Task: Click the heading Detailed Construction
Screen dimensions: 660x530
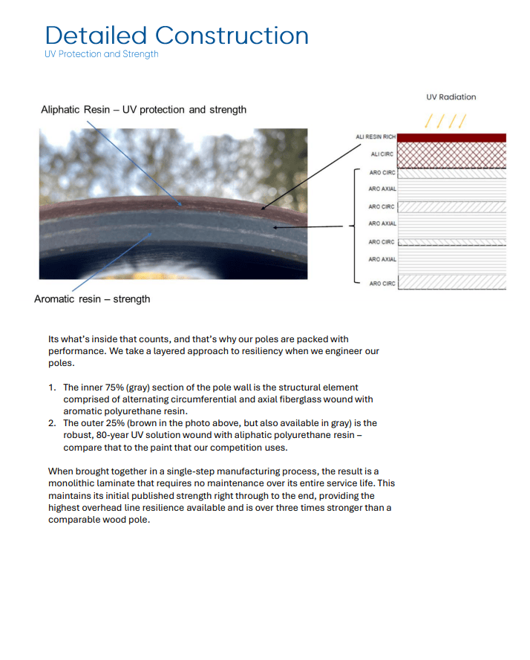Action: point(177,36)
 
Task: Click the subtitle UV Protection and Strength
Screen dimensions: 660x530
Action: point(102,54)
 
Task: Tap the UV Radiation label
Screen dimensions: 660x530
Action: point(451,97)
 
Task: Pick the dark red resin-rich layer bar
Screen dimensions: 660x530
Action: point(452,138)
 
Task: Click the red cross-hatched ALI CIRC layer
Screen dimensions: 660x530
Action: point(452,155)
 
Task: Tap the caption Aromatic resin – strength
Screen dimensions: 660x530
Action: point(92,299)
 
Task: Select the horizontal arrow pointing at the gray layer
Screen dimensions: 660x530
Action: point(308,226)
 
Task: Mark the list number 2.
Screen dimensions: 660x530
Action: point(52,423)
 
